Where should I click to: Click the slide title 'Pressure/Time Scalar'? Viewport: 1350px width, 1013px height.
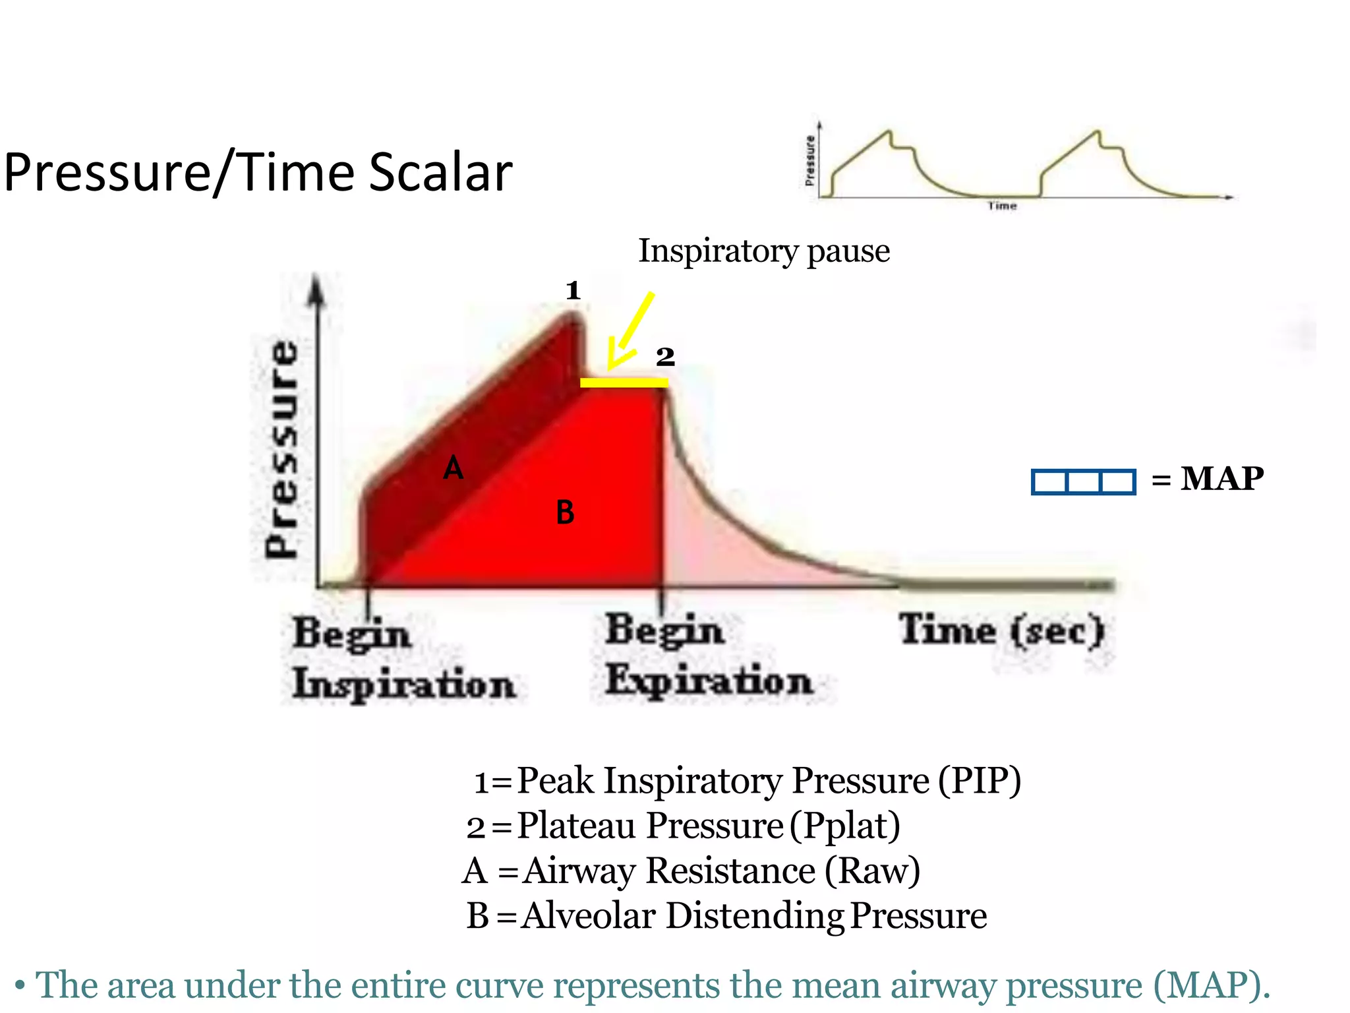click(258, 173)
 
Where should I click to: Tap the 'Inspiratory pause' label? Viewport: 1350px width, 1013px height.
click(763, 251)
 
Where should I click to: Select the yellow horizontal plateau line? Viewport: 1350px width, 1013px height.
click(624, 383)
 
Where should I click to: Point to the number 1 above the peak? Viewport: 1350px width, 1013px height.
click(573, 290)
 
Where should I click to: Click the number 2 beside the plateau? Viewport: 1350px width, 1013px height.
click(664, 357)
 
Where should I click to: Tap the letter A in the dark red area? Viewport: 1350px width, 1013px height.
click(453, 469)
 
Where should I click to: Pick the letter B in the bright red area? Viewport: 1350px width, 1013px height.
click(565, 512)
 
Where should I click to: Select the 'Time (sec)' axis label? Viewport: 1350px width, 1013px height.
click(1001, 630)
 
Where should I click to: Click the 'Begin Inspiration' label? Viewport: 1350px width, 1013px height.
click(403, 658)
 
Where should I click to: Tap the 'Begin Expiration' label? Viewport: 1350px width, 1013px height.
click(708, 655)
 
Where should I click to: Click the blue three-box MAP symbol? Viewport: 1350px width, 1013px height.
click(1083, 481)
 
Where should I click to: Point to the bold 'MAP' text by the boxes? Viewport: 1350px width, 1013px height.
click(1221, 479)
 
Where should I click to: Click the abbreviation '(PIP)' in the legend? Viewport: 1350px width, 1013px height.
click(980, 781)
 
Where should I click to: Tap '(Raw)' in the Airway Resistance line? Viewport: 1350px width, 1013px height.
click(872, 871)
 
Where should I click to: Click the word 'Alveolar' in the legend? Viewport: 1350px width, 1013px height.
click(589, 916)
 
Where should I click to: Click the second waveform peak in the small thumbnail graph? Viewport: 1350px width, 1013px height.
click(1097, 133)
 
